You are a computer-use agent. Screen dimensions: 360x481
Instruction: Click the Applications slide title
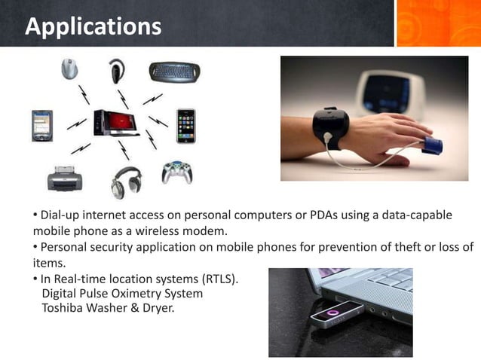point(93,26)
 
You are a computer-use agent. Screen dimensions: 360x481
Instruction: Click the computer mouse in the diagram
point(69,69)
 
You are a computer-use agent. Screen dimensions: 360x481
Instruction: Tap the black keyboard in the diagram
point(174,71)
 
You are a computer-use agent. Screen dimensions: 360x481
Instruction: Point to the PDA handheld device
point(41,125)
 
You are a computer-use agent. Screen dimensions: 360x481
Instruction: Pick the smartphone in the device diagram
point(185,125)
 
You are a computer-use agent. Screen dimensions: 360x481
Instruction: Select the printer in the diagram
point(63,178)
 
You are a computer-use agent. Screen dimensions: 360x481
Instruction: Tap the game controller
point(176,172)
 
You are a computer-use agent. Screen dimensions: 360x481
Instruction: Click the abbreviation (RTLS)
point(218,279)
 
